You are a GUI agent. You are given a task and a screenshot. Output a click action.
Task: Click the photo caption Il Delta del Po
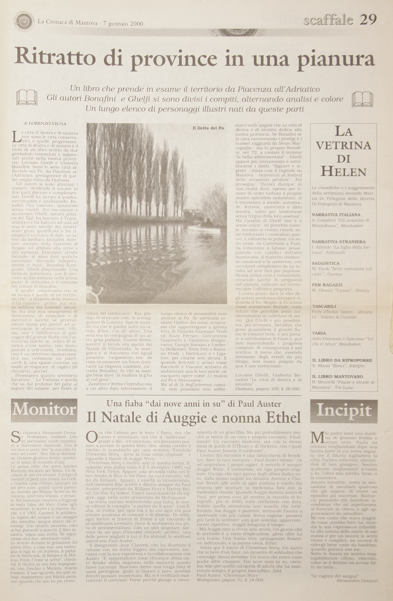208,128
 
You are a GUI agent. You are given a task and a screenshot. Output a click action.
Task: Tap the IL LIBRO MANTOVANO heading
338,376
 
